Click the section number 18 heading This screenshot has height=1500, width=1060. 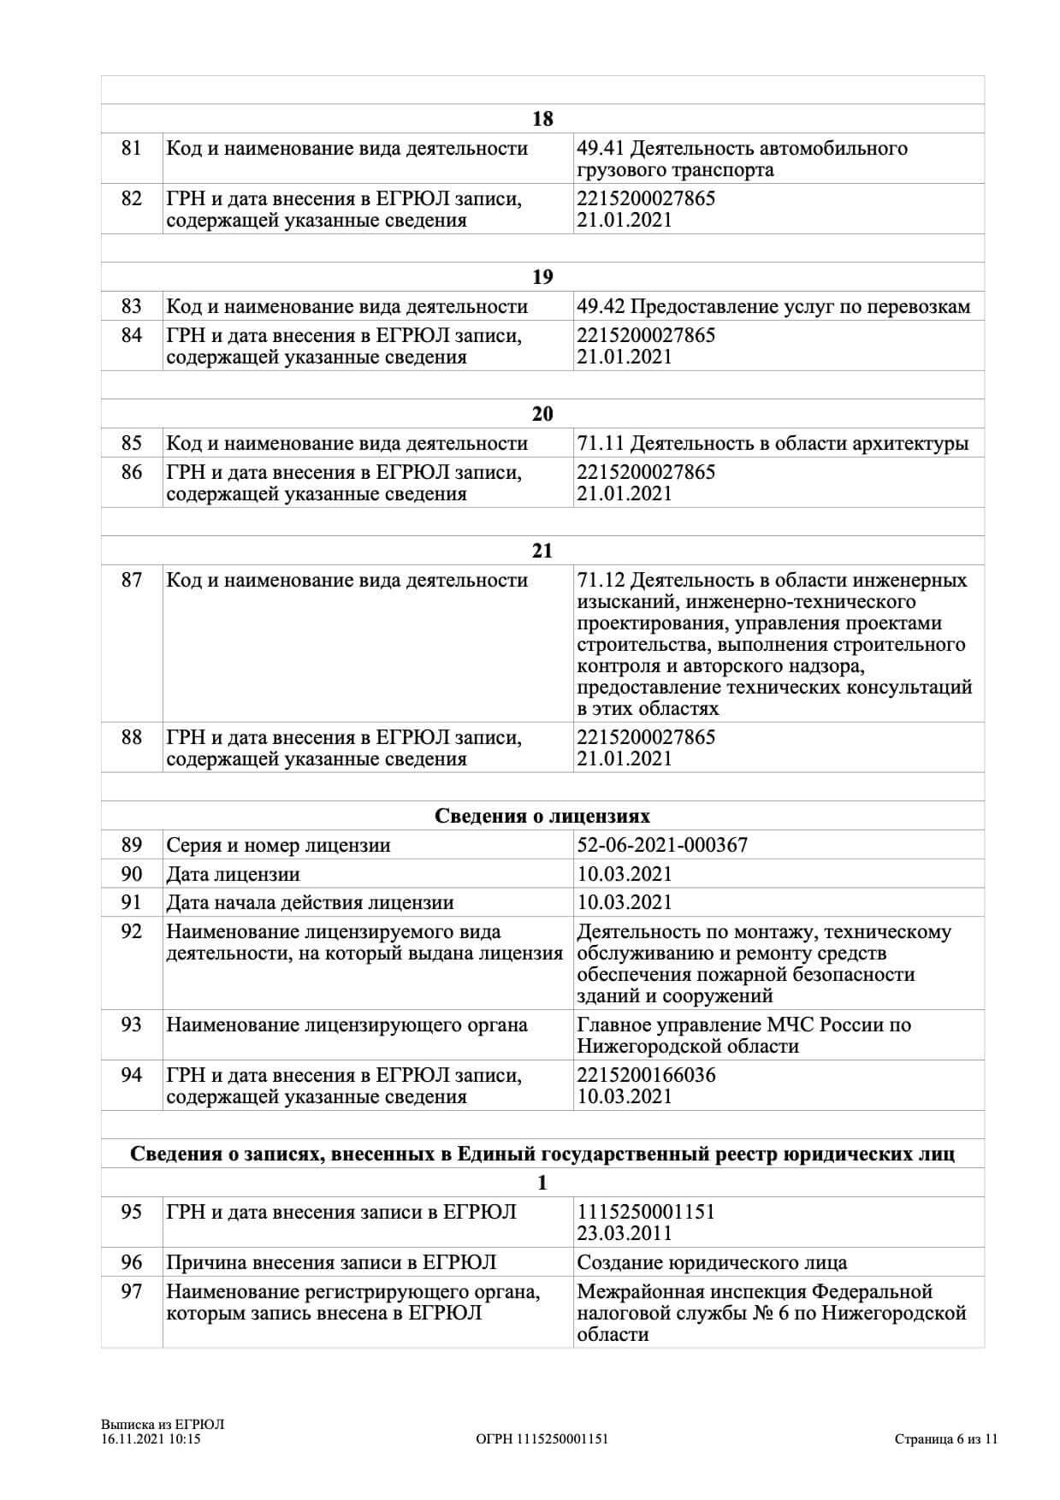pyautogui.click(x=542, y=119)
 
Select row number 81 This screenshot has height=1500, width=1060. pyautogui.click(x=132, y=149)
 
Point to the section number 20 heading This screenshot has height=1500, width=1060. pyautogui.click(x=542, y=414)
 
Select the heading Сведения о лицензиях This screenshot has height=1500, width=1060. pyautogui.click(x=542, y=816)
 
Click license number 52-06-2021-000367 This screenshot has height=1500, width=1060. pyautogui.click(x=662, y=846)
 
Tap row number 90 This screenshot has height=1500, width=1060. pyautogui.click(x=132, y=874)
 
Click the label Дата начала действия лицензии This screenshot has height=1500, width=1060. pyautogui.click(x=310, y=903)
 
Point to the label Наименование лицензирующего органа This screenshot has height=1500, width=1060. pyautogui.click(x=346, y=1025)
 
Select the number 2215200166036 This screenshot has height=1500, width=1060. pyautogui.click(x=646, y=1075)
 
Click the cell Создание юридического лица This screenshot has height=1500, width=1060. pyautogui.click(x=712, y=1263)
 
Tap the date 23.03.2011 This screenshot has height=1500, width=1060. pyautogui.click(x=625, y=1233)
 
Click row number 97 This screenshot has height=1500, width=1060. pyautogui.click(x=132, y=1291)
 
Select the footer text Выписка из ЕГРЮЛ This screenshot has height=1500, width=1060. pyautogui.click(x=162, y=1425)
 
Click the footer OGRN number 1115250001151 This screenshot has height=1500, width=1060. pyautogui.click(x=542, y=1439)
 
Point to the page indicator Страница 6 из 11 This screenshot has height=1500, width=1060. pyautogui.click(x=946, y=1439)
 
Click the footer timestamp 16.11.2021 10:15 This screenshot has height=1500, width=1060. pyautogui.click(x=151, y=1439)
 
